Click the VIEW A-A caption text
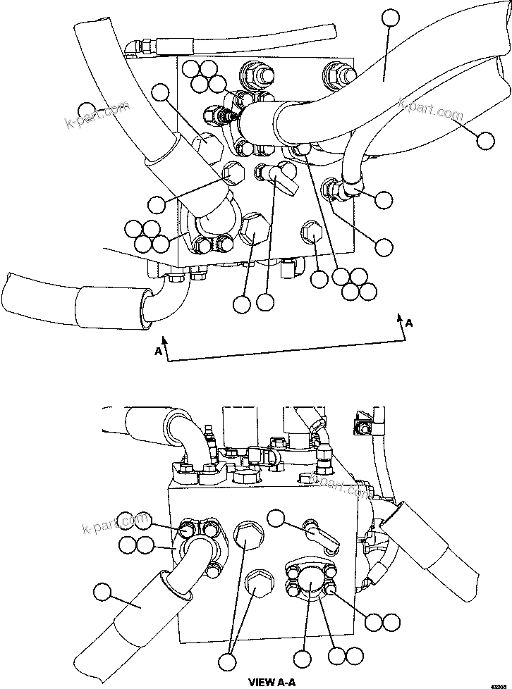tap(272, 681)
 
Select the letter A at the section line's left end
tap(159, 350)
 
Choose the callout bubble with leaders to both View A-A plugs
tap(227, 662)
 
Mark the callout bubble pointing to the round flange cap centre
tap(303, 660)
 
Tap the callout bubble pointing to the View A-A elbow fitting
tap(276, 519)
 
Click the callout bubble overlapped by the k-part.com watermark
tap(87, 110)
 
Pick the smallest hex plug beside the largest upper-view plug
tap(311, 232)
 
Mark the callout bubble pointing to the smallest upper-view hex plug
tap(319, 278)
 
